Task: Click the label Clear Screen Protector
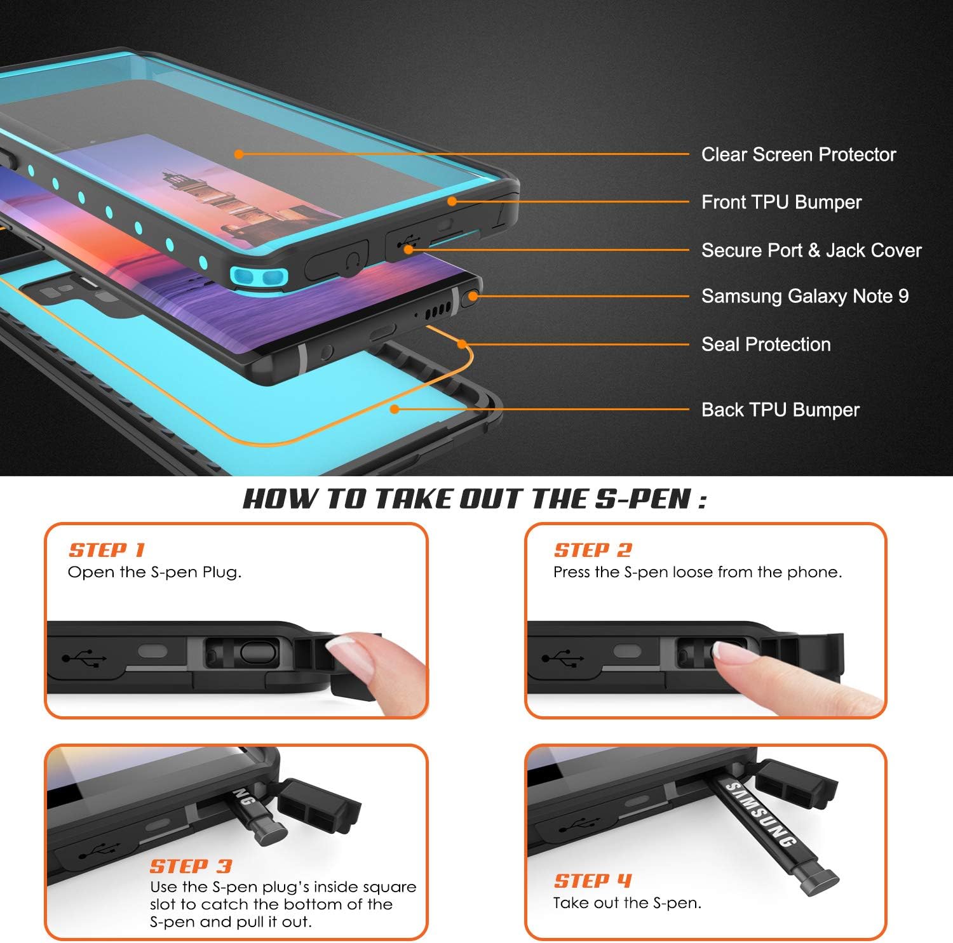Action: point(798,154)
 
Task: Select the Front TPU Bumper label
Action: point(781,202)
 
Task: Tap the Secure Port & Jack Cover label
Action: point(811,250)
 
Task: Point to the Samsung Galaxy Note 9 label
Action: point(804,296)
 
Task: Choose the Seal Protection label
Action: point(766,344)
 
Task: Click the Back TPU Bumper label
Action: point(780,410)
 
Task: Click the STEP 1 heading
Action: point(107,550)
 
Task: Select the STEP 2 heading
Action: point(593,550)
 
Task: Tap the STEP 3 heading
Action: point(191,866)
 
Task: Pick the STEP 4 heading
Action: point(593,881)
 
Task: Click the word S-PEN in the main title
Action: point(642,499)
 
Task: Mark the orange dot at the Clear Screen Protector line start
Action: point(238,154)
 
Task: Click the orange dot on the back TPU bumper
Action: point(395,410)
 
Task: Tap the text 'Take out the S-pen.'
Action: point(627,903)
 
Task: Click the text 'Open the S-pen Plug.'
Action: point(154,572)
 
